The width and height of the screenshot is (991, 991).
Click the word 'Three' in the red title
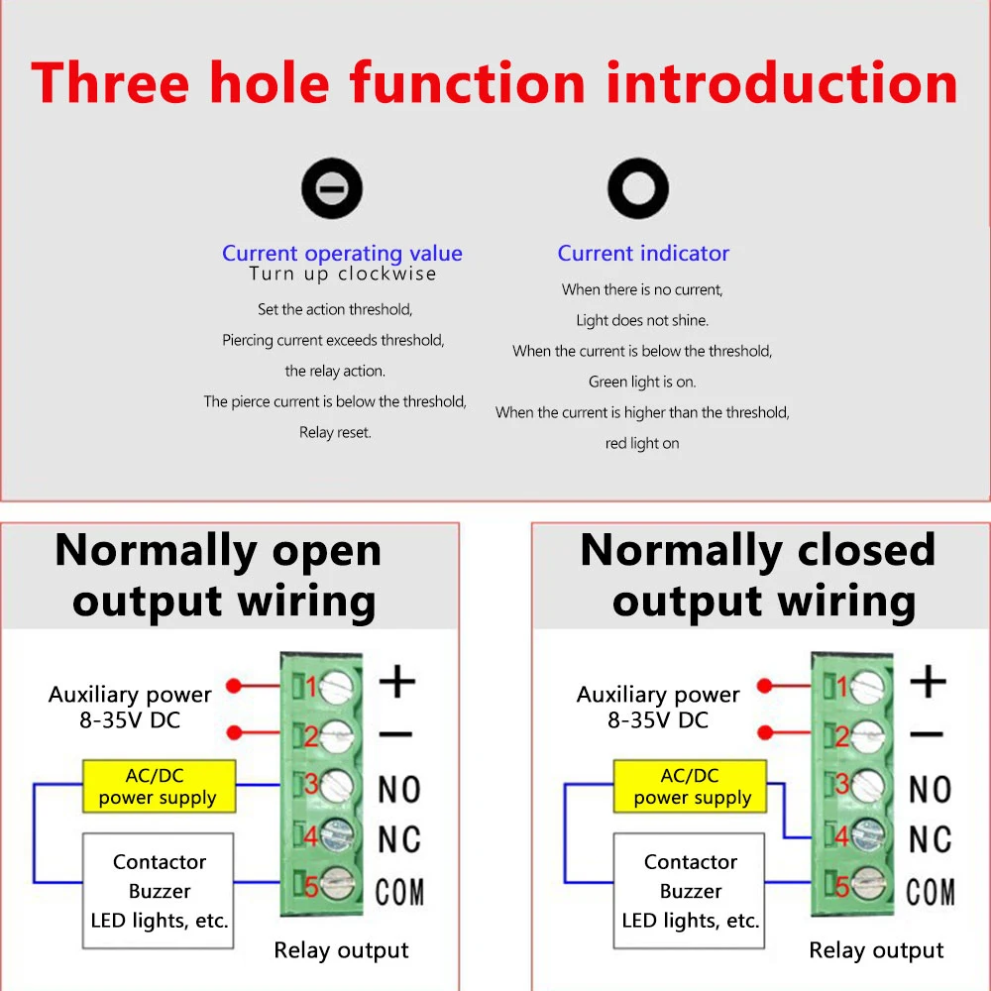tap(110, 83)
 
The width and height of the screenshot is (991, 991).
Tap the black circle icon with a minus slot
tap(332, 188)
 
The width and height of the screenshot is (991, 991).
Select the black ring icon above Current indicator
tap(638, 188)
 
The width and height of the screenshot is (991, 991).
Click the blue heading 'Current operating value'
tap(342, 254)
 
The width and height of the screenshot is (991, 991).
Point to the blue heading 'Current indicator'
tap(643, 254)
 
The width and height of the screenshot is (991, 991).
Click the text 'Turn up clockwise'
tap(342, 275)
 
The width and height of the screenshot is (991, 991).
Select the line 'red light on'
tap(642, 444)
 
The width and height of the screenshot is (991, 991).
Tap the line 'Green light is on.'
tap(642, 382)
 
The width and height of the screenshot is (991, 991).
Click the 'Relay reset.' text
tap(335, 433)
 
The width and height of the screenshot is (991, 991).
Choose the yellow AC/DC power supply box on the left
tap(159, 787)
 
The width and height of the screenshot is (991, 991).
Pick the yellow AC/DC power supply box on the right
tap(691, 787)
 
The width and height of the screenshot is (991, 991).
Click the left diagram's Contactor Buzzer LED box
tap(159, 891)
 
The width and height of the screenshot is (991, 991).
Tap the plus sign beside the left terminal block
tap(397, 682)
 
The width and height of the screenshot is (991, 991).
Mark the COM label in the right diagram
tap(931, 891)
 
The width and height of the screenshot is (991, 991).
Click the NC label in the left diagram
tap(399, 839)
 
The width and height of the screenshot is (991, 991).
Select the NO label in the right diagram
tap(930, 790)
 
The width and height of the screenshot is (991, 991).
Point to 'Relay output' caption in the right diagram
tap(876, 951)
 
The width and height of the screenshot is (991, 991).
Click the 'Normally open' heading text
tap(218, 551)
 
